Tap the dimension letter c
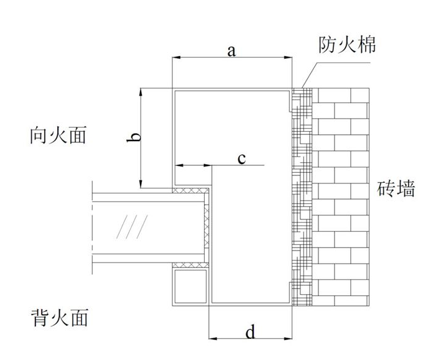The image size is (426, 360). click(x=242, y=159)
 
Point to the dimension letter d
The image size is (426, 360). click(x=250, y=332)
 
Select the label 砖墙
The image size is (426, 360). click(x=396, y=188)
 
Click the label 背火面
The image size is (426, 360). click(x=58, y=318)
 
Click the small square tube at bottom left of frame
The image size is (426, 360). click(x=189, y=285)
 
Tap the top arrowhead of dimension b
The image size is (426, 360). click(x=142, y=92)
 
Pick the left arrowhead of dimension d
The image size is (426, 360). click(x=213, y=339)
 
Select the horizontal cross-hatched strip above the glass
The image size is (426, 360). click(x=192, y=191)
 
